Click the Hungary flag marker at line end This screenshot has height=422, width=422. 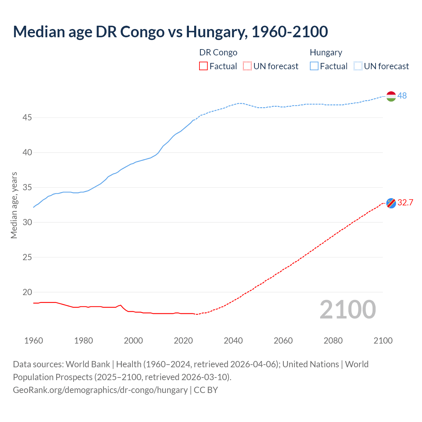click(391, 96)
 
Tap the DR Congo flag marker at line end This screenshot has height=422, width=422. click(391, 203)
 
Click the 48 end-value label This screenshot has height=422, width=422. click(402, 96)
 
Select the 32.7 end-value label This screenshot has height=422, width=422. click(405, 202)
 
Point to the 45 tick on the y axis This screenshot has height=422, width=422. click(27, 117)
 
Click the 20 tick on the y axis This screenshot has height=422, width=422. click(27, 292)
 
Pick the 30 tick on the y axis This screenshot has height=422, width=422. click(27, 222)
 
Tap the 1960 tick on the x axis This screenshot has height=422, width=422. click(34, 341)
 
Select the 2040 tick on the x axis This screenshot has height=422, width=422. click(233, 341)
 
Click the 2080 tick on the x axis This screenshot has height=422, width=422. click(333, 341)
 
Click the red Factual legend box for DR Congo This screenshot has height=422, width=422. click(203, 66)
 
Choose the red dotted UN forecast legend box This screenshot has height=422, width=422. click(247, 66)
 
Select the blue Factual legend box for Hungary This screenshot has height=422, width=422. click(314, 66)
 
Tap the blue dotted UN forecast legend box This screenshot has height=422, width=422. click(358, 66)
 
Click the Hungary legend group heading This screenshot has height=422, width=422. click(326, 52)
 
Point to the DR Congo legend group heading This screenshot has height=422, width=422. click(218, 52)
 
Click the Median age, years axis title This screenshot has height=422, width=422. click(14, 205)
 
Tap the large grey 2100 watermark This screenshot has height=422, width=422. click(347, 310)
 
